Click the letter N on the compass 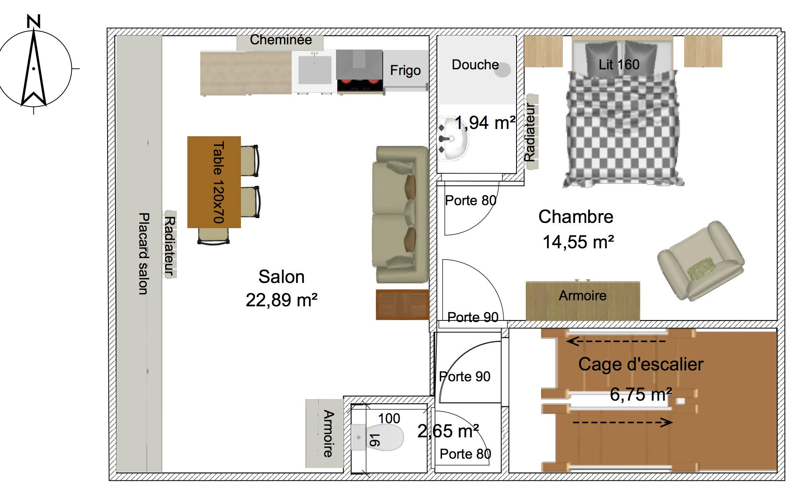click(x=34, y=21)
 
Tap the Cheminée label click(x=280, y=40)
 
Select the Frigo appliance click(x=405, y=71)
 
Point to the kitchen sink click(x=315, y=69)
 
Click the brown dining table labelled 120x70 click(x=214, y=182)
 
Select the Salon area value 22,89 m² click(x=281, y=300)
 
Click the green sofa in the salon click(x=400, y=214)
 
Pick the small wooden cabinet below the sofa click(x=402, y=305)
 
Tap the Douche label click(x=475, y=65)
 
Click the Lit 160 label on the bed click(x=619, y=64)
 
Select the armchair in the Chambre click(x=701, y=261)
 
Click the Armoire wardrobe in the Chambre click(x=583, y=300)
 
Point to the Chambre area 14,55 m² click(x=578, y=242)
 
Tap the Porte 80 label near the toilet click(x=465, y=454)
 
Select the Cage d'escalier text click(x=641, y=364)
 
